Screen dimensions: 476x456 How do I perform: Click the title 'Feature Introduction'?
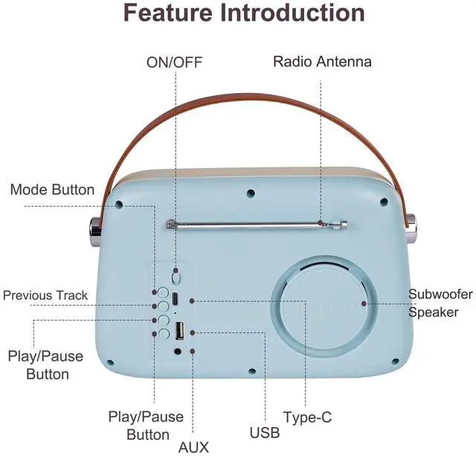tap(244, 13)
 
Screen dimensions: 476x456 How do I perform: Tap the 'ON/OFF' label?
tap(175, 62)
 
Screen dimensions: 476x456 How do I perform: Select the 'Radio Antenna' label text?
tap(322, 62)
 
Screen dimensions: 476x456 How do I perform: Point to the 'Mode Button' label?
tap(52, 190)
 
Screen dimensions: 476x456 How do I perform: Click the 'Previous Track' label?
tap(45, 295)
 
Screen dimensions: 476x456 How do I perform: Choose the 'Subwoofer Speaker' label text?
tap(440, 303)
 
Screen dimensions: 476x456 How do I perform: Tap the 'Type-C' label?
tap(307, 417)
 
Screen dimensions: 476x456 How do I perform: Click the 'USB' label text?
tap(265, 432)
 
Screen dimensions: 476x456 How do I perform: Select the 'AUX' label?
tap(193, 447)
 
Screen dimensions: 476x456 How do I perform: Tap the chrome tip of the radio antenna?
tap(344, 222)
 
